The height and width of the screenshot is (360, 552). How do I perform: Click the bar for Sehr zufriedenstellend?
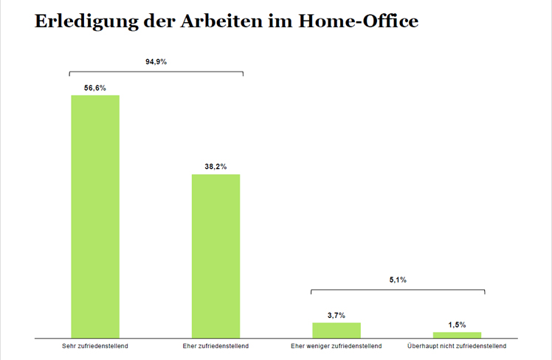click(x=95, y=215)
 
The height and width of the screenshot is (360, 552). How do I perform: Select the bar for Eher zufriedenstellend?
click(x=215, y=255)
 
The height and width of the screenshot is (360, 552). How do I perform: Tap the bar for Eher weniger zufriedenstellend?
click(x=337, y=330)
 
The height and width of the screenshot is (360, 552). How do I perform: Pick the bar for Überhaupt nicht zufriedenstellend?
click(x=457, y=334)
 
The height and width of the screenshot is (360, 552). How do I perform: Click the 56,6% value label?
click(x=95, y=88)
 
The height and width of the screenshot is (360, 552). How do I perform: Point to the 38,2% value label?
click(x=215, y=167)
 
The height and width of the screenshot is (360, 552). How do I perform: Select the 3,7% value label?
click(x=337, y=315)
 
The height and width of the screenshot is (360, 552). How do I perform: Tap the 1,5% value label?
click(x=457, y=325)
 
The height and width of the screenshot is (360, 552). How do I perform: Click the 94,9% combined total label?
click(x=156, y=62)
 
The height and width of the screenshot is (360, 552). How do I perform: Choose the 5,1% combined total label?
click(x=398, y=280)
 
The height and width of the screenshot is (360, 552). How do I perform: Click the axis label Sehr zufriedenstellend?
click(x=95, y=345)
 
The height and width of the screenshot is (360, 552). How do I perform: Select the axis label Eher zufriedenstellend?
click(x=215, y=345)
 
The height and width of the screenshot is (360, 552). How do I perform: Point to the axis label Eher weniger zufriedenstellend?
click(x=337, y=345)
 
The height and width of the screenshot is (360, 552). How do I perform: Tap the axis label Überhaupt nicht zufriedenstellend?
click(x=457, y=345)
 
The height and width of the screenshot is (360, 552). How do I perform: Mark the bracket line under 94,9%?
click(x=156, y=72)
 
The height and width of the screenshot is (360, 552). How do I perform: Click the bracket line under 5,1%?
click(x=398, y=289)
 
